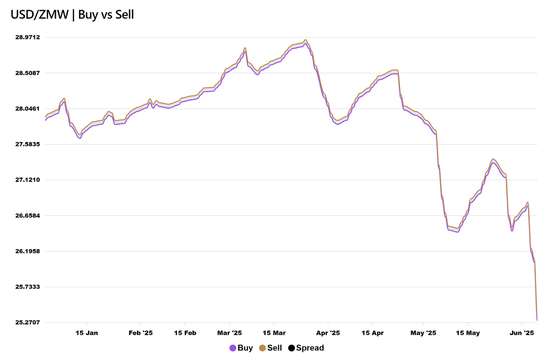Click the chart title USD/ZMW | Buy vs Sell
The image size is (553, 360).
72,15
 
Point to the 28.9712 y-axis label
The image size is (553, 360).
28,37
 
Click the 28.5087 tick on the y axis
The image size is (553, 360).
28,73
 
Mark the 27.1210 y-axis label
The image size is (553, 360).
28,180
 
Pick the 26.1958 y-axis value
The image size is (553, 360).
28,251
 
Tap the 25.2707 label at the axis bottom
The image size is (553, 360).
28,322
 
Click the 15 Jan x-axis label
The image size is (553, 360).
87,333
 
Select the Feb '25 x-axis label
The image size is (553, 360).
141,333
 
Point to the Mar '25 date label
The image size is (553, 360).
229,333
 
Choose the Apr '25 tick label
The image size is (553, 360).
328,333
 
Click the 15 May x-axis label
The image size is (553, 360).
468,333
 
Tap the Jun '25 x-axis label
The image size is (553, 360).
522,333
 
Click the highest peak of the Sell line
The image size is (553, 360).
306,40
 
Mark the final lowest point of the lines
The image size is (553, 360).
537,320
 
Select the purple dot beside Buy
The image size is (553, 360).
233,348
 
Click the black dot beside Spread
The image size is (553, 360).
291,348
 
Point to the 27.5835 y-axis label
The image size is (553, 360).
28,144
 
